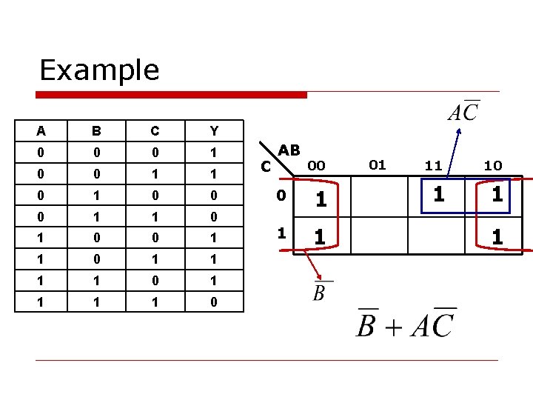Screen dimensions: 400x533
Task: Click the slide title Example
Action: pyautogui.click(x=99, y=70)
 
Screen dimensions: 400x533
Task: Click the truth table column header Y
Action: pyautogui.click(x=214, y=131)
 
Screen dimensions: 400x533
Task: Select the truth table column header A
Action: pyautogui.click(x=41, y=131)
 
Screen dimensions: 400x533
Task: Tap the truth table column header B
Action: pyautogui.click(x=96, y=131)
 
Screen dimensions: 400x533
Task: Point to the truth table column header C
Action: pyautogui.click(x=155, y=131)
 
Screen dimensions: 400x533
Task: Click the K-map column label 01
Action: pyautogui.click(x=378, y=164)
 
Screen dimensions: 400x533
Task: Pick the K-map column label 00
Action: pyautogui.click(x=317, y=166)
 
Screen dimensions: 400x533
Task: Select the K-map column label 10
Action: pyautogui.click(x=493, y=166)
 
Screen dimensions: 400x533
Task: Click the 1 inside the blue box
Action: pyautogui.click(x=440, y=196)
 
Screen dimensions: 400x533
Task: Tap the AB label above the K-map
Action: pyautogui.click(x=289, y=150)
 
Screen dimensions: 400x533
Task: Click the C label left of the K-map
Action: pyautogui.click(x=267, y=167)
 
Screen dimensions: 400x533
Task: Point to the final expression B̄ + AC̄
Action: pyautogui.click(x=406, y=324)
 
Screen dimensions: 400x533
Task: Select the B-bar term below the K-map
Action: pyautogui.click(x=320, y=291)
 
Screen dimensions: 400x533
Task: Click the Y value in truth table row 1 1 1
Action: pyautogui.click(x=214, y=302)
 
